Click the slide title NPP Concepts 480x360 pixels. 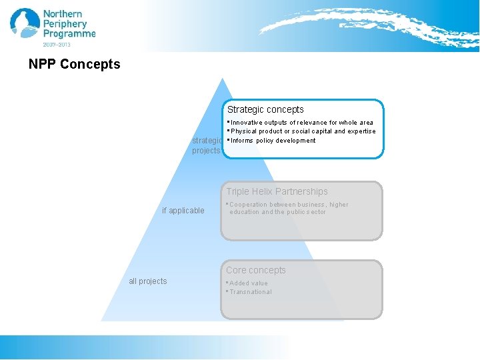click(75, 65)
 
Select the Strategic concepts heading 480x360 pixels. click(265, 109)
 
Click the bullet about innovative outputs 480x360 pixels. click(301, 123)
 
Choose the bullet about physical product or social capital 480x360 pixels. click(303, 131)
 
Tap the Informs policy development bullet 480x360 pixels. click(273, 141)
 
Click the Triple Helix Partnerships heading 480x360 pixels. click(277, 191)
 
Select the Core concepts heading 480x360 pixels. click(255, 270)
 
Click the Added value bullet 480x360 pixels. click(248, 283)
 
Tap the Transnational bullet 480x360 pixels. click(250, 292)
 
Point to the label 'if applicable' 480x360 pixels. click(183, 211)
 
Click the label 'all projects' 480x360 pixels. click(148, 281)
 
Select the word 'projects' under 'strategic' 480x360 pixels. click(206, 151)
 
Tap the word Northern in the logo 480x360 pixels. click(63, 14)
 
